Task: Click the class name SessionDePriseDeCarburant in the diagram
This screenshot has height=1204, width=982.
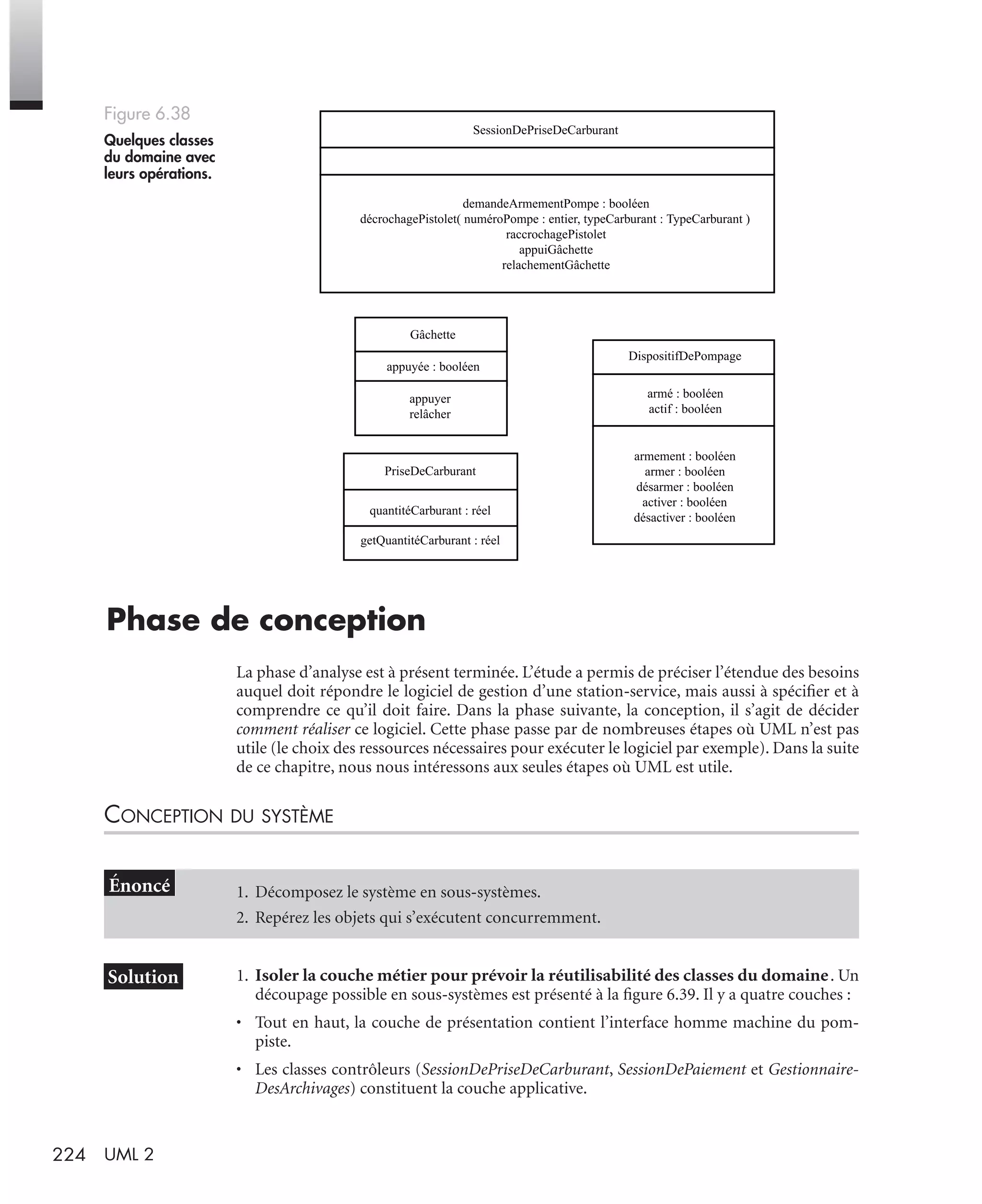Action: pos(545,130)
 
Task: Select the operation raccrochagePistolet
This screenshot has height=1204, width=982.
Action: pos(555,234)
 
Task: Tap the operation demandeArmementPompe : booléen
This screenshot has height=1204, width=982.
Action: pos(555,204)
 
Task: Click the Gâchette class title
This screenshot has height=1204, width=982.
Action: pos(432,335)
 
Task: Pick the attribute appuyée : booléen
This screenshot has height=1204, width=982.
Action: pos(433,366)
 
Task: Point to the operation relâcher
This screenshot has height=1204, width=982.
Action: pos(430,414)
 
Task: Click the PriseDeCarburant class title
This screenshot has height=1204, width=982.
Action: pos(430,472)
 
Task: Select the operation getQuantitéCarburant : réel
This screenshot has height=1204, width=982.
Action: pos(430,540)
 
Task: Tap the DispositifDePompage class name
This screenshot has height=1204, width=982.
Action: pos(684,356)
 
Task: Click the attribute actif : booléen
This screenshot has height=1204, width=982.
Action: pos(684,409)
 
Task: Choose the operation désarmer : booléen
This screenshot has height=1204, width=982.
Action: pos(684,487)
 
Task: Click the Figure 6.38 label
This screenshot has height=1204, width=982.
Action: pos(147,114)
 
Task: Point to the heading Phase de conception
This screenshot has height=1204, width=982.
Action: pos(266,620)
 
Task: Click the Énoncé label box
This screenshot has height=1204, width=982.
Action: pos(139,885)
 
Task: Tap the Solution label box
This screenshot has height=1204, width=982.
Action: pos(143,977)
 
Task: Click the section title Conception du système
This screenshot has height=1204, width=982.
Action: pos(219,815)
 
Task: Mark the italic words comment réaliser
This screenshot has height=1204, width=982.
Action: pos(293,729)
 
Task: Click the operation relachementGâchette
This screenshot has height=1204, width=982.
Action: pos(555,265)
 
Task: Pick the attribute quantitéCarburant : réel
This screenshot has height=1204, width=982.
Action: pos(430,511)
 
